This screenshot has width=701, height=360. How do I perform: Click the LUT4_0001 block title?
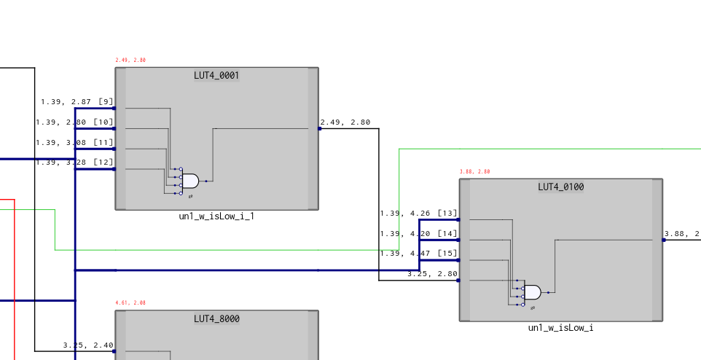(216, 75)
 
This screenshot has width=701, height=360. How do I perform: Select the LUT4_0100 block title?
(560, 187)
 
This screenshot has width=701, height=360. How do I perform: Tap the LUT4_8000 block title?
(216, 318)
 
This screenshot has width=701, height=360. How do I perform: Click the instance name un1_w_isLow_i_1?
(216, 216)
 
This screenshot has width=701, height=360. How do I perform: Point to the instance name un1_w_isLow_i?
(560, 328)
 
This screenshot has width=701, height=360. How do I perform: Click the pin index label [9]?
(106, 102)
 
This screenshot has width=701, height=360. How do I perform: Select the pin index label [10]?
(103, 122)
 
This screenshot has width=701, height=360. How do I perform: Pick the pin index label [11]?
(103, 142)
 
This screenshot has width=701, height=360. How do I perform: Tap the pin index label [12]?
(103, 162)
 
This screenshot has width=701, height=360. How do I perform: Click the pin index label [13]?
(447, 214)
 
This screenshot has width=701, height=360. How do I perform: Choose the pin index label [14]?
(447, 234)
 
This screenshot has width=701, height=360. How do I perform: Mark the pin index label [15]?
(447, 254)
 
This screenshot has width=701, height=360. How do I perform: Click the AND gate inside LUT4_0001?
(189, 181)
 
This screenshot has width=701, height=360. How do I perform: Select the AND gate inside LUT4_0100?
(533, 292)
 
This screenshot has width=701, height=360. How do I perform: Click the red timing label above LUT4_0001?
(130, 60)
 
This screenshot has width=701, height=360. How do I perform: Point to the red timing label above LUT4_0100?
(474, 172)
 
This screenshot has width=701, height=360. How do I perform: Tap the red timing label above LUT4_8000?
(130, 302)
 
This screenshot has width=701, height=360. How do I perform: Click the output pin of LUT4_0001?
(319, 129)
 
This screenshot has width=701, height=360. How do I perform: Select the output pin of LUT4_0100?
(663, 240)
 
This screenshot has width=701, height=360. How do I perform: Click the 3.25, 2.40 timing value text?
(87, 345)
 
